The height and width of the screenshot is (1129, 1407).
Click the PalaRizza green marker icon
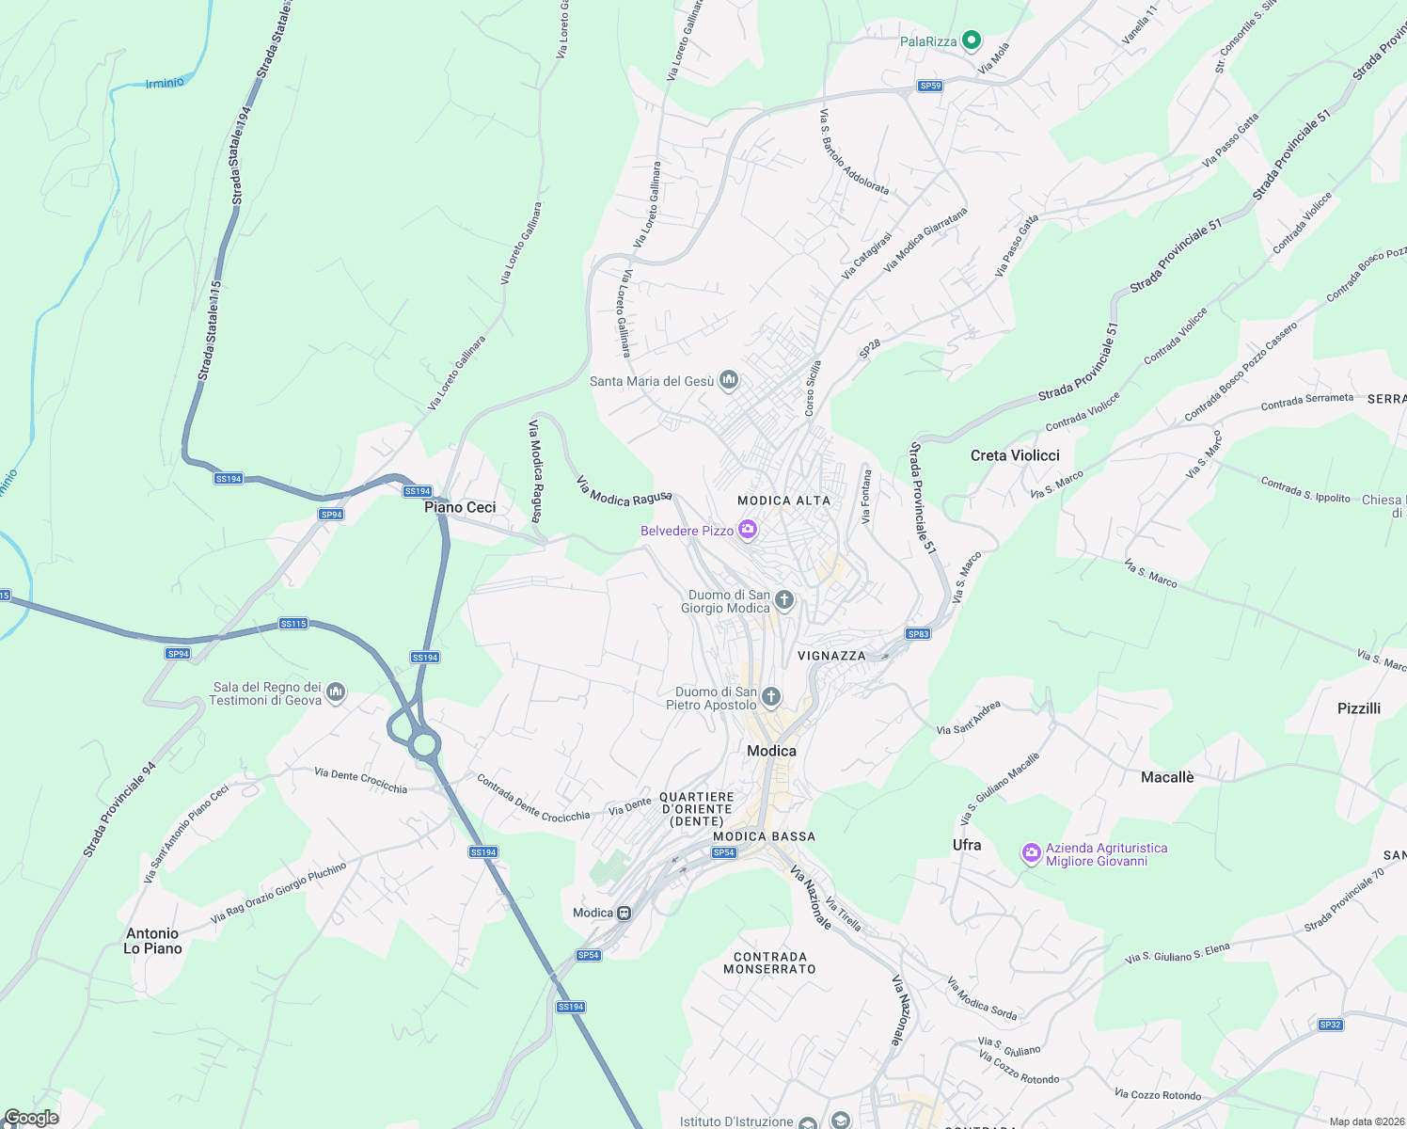tap(972, 40)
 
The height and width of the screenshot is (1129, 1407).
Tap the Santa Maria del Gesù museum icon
tap(728, 380)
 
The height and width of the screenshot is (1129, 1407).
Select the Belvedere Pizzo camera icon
tap(748, 531)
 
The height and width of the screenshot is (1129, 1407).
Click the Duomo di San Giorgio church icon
tap(783, 600)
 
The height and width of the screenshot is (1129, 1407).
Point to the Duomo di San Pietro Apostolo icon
tap(770, 697)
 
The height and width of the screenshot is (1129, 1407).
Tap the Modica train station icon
tap(623, 913)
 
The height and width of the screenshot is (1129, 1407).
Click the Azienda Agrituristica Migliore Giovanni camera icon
tap(1032, 853)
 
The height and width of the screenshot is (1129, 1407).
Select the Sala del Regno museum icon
tap(336, 693)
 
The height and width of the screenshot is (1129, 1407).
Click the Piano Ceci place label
tap(460, 507)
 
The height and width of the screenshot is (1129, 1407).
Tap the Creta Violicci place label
tap(1015, 455)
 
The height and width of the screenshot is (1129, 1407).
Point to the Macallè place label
tap(1167, 777)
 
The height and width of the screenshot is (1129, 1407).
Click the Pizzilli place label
tap(1359, 708)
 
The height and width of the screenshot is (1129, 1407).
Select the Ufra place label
tap(967, 845)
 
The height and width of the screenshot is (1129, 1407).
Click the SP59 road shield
tap(930, 86)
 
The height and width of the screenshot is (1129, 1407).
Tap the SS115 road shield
tap(293, 624)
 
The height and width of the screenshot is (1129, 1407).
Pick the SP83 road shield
tap(918, 634)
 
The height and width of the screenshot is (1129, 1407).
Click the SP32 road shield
tap(1330, 1025)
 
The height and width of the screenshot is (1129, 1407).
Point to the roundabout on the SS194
tap(424, 745)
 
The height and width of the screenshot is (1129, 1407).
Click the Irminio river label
tap(165, 84)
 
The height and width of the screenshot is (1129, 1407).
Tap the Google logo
tap(31, 1118)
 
